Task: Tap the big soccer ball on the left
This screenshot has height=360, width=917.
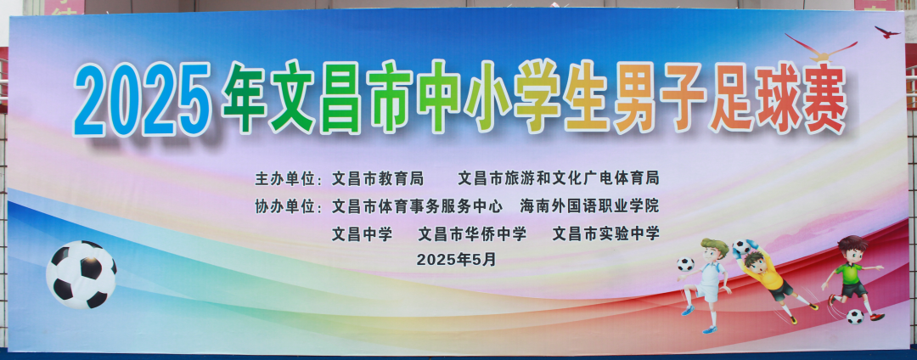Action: [x=82, y=274]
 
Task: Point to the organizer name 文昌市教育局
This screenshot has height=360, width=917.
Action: [x=377, y=177]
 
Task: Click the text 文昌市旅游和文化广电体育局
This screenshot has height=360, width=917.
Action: [x=559, y=177]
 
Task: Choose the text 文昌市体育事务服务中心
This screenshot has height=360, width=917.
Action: [x=417, y=206]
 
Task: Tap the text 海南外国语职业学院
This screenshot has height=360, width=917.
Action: [x=589, y=206]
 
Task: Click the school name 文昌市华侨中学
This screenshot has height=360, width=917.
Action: [x=472, y=233]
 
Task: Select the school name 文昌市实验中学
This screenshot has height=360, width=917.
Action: [x=606, y=233]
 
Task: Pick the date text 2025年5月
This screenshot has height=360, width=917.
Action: [x=456, y=259]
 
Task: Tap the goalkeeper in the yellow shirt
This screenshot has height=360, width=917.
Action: [x=773, y=279]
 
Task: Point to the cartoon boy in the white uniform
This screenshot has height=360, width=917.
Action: [x=706, y=283]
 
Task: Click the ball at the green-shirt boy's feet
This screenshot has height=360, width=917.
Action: [x=855, y=316]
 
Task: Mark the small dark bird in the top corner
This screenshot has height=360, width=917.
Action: [x=887, y=31]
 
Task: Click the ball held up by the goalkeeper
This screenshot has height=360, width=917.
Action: [x=741, y=246]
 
